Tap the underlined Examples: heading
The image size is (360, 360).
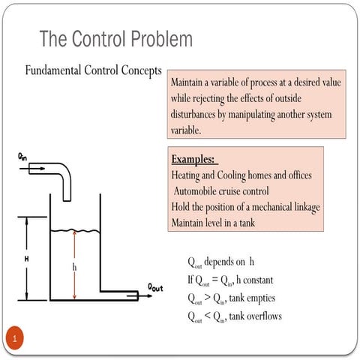click(193, 159)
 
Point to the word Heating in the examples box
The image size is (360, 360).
click(188, 175)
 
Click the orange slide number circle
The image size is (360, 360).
click(14, 338)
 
